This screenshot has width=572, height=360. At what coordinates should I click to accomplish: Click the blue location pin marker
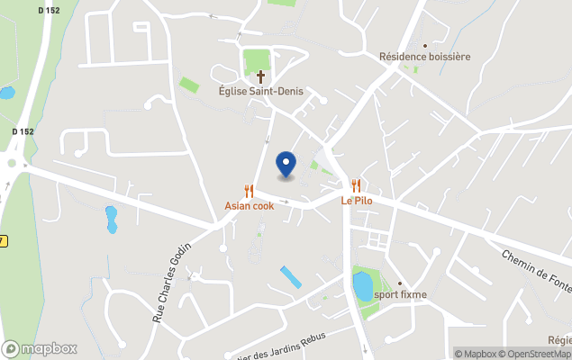(286, 164)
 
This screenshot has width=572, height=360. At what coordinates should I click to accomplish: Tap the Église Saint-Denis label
(261, 91)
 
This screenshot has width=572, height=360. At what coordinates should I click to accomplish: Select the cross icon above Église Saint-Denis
(261, 76)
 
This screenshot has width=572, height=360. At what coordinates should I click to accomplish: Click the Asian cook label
(249, 205)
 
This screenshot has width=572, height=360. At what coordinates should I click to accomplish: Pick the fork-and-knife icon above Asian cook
(249, 191)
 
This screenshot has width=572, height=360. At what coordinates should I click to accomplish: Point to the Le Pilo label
(356, 201)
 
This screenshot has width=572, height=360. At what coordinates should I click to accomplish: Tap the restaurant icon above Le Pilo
(356, 185)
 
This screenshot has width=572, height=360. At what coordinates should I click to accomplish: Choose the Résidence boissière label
(424, 57)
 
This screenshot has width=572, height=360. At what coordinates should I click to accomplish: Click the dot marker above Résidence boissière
(425, 44)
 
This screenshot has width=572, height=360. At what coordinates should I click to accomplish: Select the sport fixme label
(401, 294)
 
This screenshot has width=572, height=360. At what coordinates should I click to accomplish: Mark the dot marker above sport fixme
(400, 283)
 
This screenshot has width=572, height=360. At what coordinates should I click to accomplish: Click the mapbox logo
(40, 348)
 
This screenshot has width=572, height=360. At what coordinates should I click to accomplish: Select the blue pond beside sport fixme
(362, 286)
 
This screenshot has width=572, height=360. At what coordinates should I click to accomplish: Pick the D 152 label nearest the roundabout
(23, 131)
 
